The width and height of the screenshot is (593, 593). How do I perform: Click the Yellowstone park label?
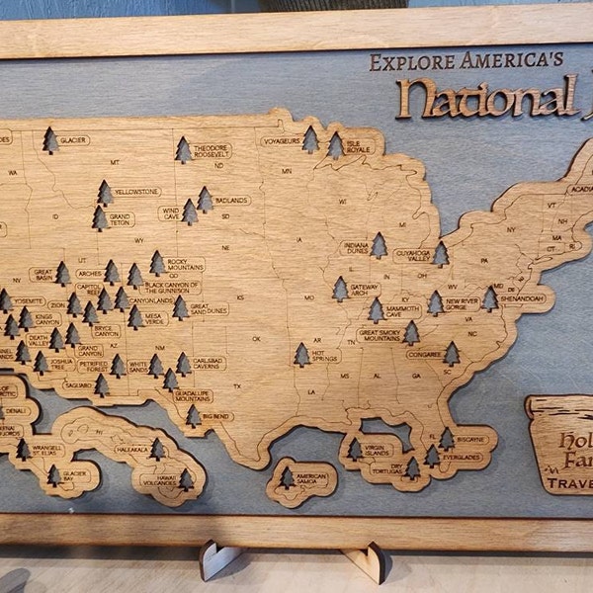coord(136,191)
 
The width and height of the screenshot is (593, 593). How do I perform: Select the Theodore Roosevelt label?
coord(212,151)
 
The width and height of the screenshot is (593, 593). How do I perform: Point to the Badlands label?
coord(232,200)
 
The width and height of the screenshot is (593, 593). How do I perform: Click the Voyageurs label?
coord(282,140)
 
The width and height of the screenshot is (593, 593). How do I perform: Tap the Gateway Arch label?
coord(364,290)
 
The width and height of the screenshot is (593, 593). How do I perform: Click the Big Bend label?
coord(216,417)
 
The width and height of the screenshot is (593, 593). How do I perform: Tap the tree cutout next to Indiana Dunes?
coord(379,245)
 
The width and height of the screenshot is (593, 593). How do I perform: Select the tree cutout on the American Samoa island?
coord(287,478)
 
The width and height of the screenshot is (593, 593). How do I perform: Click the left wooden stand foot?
coord(219,560)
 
